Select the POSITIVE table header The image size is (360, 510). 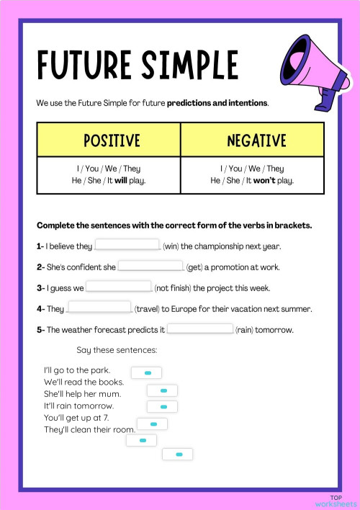(x=112, y=140)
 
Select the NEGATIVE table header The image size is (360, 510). (x=256, y=140)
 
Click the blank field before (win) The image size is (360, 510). (x=127, y=246)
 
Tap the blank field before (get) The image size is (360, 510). (x=150, y=267)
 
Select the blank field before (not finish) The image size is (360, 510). (x=119, y=287)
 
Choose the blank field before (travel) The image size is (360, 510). (x=99, y=308)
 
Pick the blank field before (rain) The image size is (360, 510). (x=199, y=329)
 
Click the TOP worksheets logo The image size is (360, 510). (x=335, y=501)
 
